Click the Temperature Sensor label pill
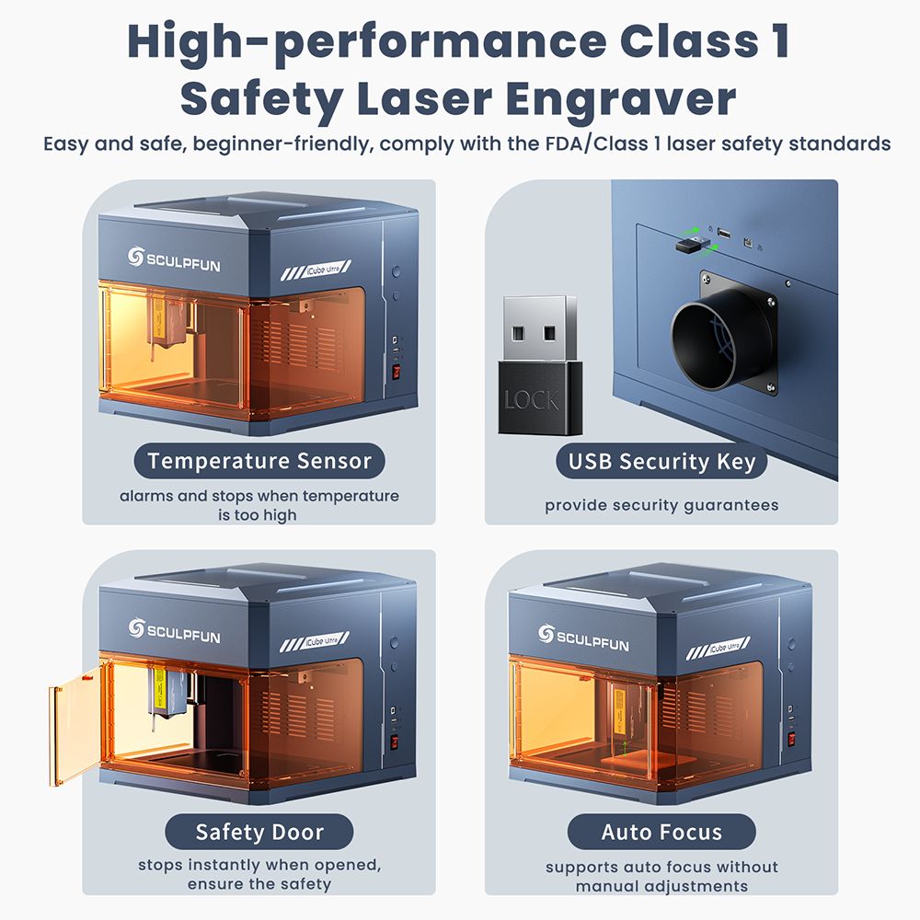[x=259, y=461]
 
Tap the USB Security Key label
[x=661, y=461]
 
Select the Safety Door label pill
[x=259, y=833]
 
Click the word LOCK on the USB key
[x=531, y=400]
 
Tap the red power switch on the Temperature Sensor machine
[x=397, y=374]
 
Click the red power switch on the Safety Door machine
[x=397, y=742]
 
